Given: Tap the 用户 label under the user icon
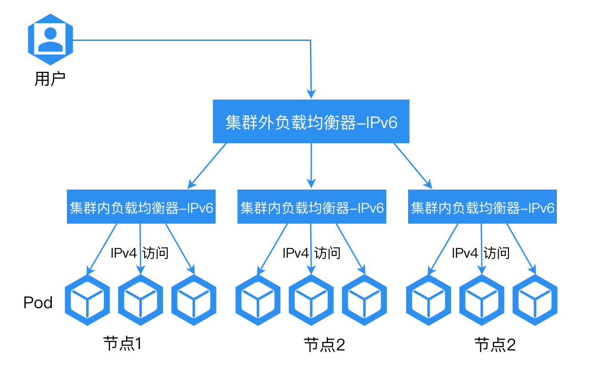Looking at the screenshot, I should [x=50, y=79].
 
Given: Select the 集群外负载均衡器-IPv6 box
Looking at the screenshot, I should [x=311, y=121].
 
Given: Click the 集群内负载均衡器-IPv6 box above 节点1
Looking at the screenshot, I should [x=141, y=207].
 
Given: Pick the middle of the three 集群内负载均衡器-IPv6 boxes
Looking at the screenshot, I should [x=312, y=207].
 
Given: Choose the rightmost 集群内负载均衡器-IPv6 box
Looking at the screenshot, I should [x=482, y=207].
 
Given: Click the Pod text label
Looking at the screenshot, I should [x=38, y=302].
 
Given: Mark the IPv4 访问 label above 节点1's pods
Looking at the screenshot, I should [x=140, y=253].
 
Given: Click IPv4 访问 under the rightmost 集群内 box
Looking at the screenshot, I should [x=481, y=253].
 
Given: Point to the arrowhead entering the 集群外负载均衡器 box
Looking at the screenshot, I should [x=311, y=95].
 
